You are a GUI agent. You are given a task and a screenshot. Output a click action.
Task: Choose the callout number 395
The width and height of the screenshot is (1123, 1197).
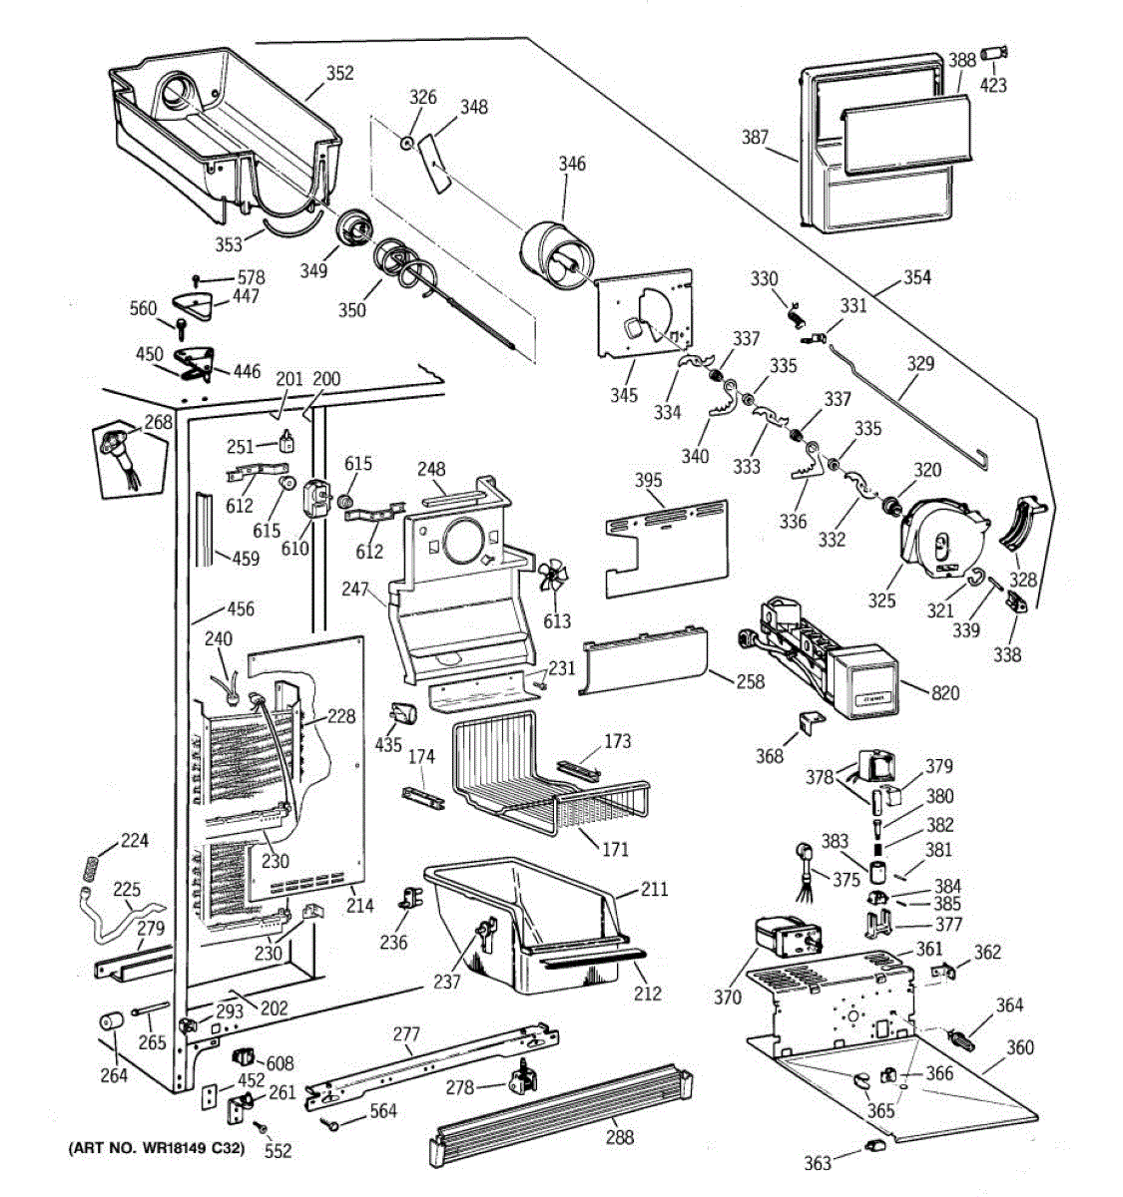[649, 481]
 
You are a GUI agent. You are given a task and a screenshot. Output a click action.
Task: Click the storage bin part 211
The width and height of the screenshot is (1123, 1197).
[519, 928]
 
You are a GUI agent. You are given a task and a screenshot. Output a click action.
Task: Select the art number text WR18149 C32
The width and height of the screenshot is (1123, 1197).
[155, 1149]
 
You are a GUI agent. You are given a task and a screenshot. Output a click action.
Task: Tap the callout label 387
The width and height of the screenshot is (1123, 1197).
[755, 138]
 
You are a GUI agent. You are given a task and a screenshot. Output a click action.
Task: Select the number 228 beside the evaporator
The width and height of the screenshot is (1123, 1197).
[341, 716]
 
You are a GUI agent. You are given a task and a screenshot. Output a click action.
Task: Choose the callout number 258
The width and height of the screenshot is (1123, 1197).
[750, 681]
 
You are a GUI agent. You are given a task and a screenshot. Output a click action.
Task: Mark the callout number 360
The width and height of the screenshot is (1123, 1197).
[1019, 1047]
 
